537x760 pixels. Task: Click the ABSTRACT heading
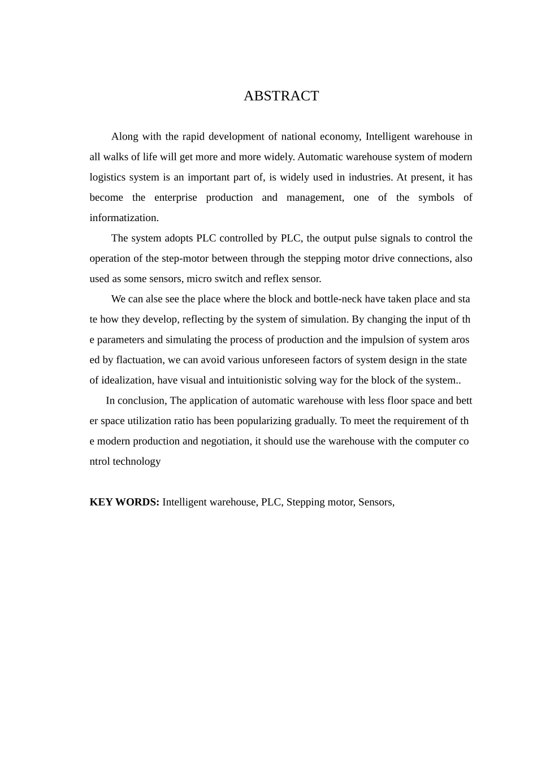281,96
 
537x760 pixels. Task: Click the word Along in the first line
124,136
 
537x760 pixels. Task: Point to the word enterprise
176,197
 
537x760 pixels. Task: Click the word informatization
124,218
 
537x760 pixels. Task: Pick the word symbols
436,197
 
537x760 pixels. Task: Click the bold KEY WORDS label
124,502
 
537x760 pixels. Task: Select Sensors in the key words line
376,502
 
